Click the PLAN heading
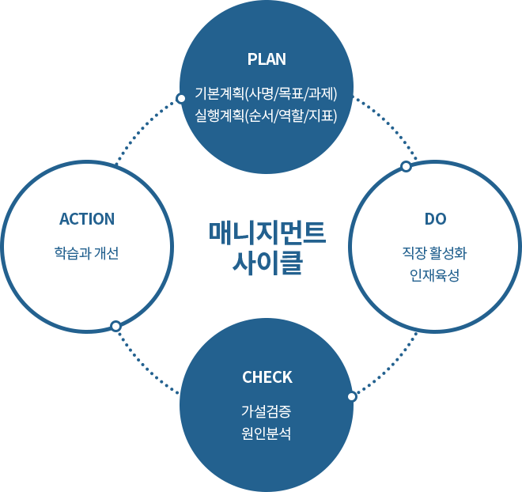pyautogui.click(x=267, y=59)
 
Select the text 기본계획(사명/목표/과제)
pyautogui.click(x=267, y=94)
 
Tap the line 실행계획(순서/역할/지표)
pyautogui.click(x=267, y=116)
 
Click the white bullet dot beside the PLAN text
pyautogui.click(x=181, y=99)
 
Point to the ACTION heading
pyautogui.click(x=87, y=219)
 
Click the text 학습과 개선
pyautogui.click(x=87, y=254)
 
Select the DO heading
pyautogui.click(x=436, y=219)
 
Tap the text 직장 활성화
pyautogui.click(x=435, y=254)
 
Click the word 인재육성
pyautogui.click(x=435, y=276)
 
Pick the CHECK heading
pyautogui.click(x=267, y=377)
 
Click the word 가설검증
pyautogui.click(x=267, y=412)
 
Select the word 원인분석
pyautogui.click(x=267, y=434)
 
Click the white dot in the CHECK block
pyautogui.click(x=352, y=396)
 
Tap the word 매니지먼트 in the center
pyautogui.click(x=267, y=232)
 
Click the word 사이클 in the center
pyautogui.click(x=267, y=262)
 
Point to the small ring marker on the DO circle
pyautogui.click(x=406, y=166)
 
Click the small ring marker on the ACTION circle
pyautogui.click(x=115, y=326)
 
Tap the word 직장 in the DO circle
pyautogui.click(x=413, y=254)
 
